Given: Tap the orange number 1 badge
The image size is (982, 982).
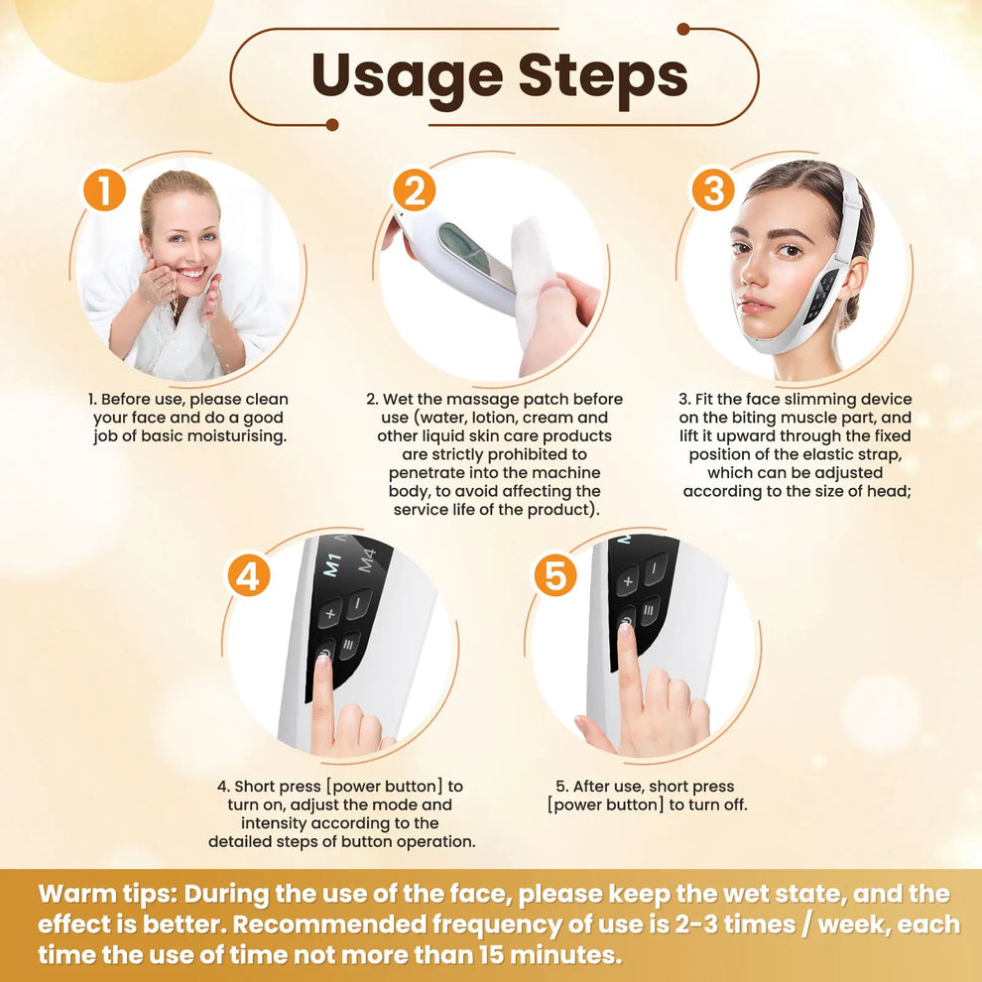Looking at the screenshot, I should click(104, 189).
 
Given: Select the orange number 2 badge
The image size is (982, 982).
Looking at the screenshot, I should click(414, 189).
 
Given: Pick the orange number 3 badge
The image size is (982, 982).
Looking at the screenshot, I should click(712, 189).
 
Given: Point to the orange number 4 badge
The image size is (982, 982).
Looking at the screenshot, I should click(248, 575).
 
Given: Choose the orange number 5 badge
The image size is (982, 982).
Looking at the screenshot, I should click(554, 575).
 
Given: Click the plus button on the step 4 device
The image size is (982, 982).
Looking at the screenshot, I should click(330, 612).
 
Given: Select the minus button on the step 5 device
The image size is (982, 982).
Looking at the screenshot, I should click(656, 568).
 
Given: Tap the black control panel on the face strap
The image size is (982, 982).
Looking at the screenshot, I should click(821, 296).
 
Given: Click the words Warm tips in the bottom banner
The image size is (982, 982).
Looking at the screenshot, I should click(104, 893).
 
